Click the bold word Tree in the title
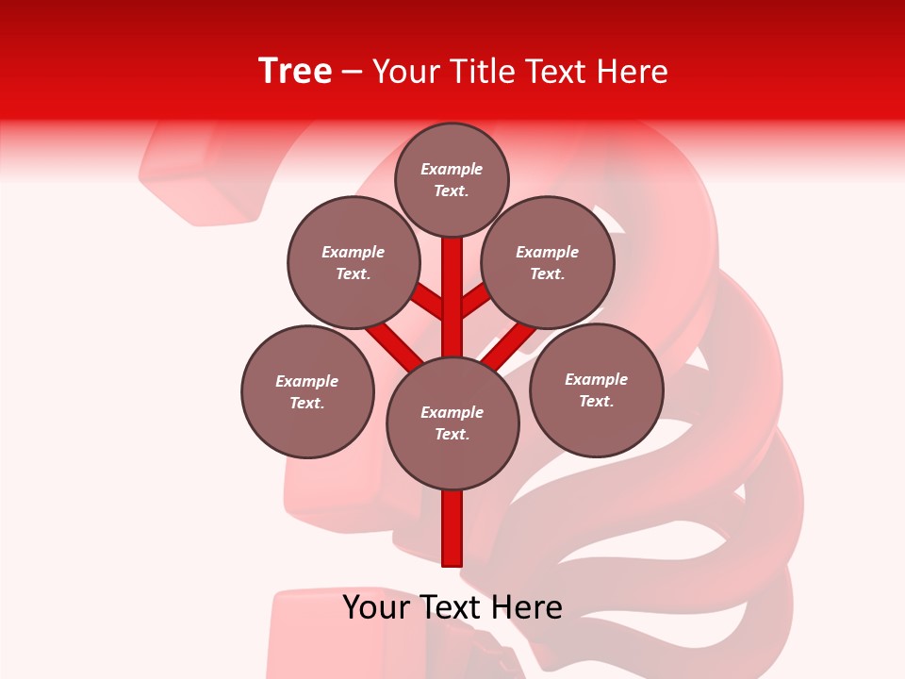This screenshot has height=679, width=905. point(295,72)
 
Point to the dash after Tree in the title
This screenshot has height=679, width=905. point(353,73)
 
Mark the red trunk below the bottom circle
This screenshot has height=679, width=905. point(452,528)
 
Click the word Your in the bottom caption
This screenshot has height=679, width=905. point(375,607)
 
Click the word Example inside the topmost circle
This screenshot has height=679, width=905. point(452,169)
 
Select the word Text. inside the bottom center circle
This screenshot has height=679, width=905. point(452,434)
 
